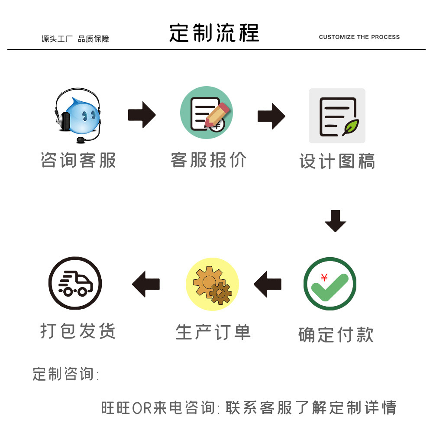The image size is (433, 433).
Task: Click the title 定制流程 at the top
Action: click(x=214, y=33)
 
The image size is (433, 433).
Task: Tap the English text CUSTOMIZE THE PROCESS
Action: click(x=359, y=37)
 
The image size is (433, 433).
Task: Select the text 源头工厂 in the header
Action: click(x=57, y=39)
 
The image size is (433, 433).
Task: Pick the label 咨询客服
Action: click(x=78, y=160)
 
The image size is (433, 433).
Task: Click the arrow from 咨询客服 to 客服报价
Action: click(x=142, y=115)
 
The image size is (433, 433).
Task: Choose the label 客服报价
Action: click(x=208, y=160)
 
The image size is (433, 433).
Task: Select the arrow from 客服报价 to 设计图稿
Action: click(x=271, y=116)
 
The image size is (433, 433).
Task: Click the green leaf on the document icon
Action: click(x=350, y=127)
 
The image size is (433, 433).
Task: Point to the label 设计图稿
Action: click(x=337, y=161)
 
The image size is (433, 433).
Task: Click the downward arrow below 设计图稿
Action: click(x=336, y=221)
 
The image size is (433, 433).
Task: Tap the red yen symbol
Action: click(x=324, y=278)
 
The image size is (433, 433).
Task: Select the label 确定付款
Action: click(x=336, y=335)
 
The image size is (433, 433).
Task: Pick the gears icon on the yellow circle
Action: click(x=212, y=284)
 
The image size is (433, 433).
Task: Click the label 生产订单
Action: click(x=213, y=333)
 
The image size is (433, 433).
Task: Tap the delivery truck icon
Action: click(x=75, y=284)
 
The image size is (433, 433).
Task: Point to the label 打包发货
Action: click(x=78, y=331)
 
